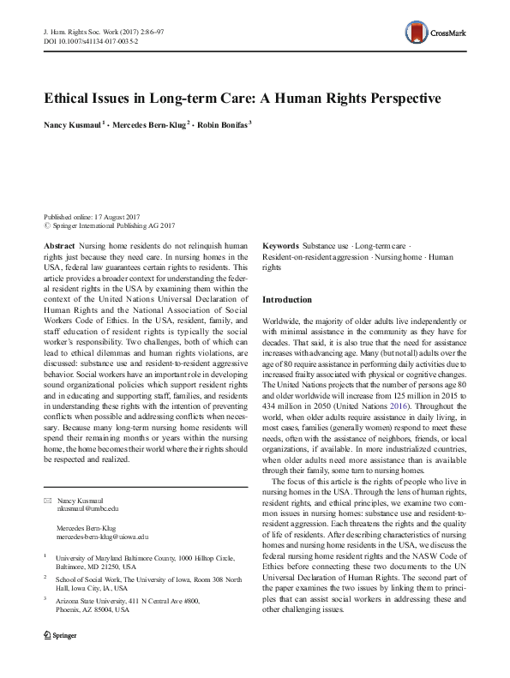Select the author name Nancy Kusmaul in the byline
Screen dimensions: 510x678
coord(72,125)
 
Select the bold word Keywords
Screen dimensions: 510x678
coord(280,245)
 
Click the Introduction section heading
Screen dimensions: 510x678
coord(287,300)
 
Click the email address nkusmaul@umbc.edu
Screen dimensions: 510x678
coord(88,508)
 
